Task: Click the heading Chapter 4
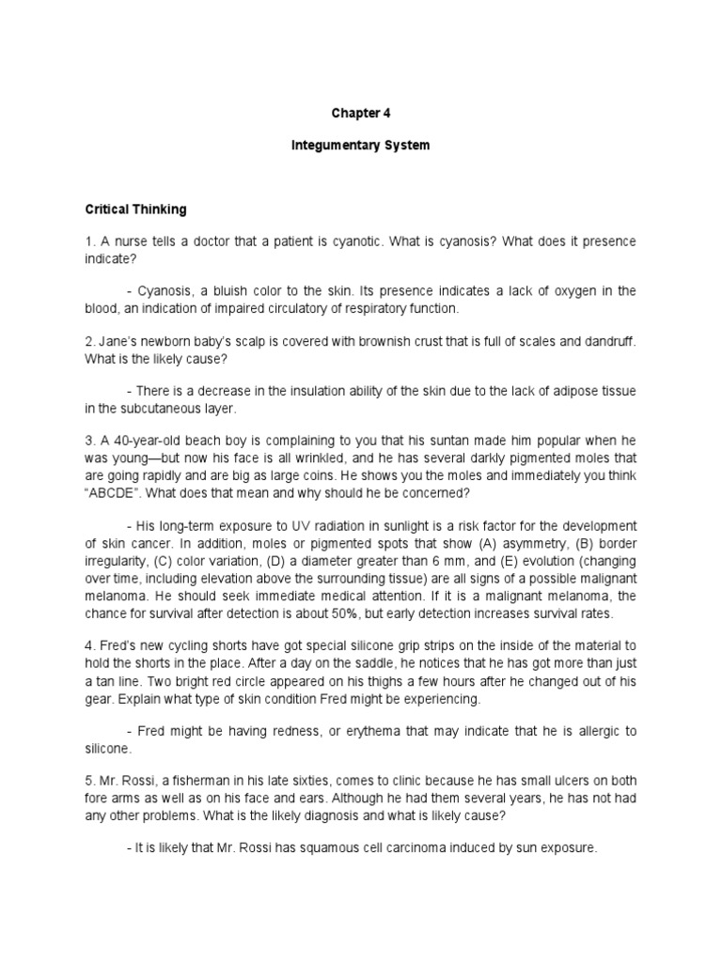[x=360, y=113]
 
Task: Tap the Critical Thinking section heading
[x=136, y=209]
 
